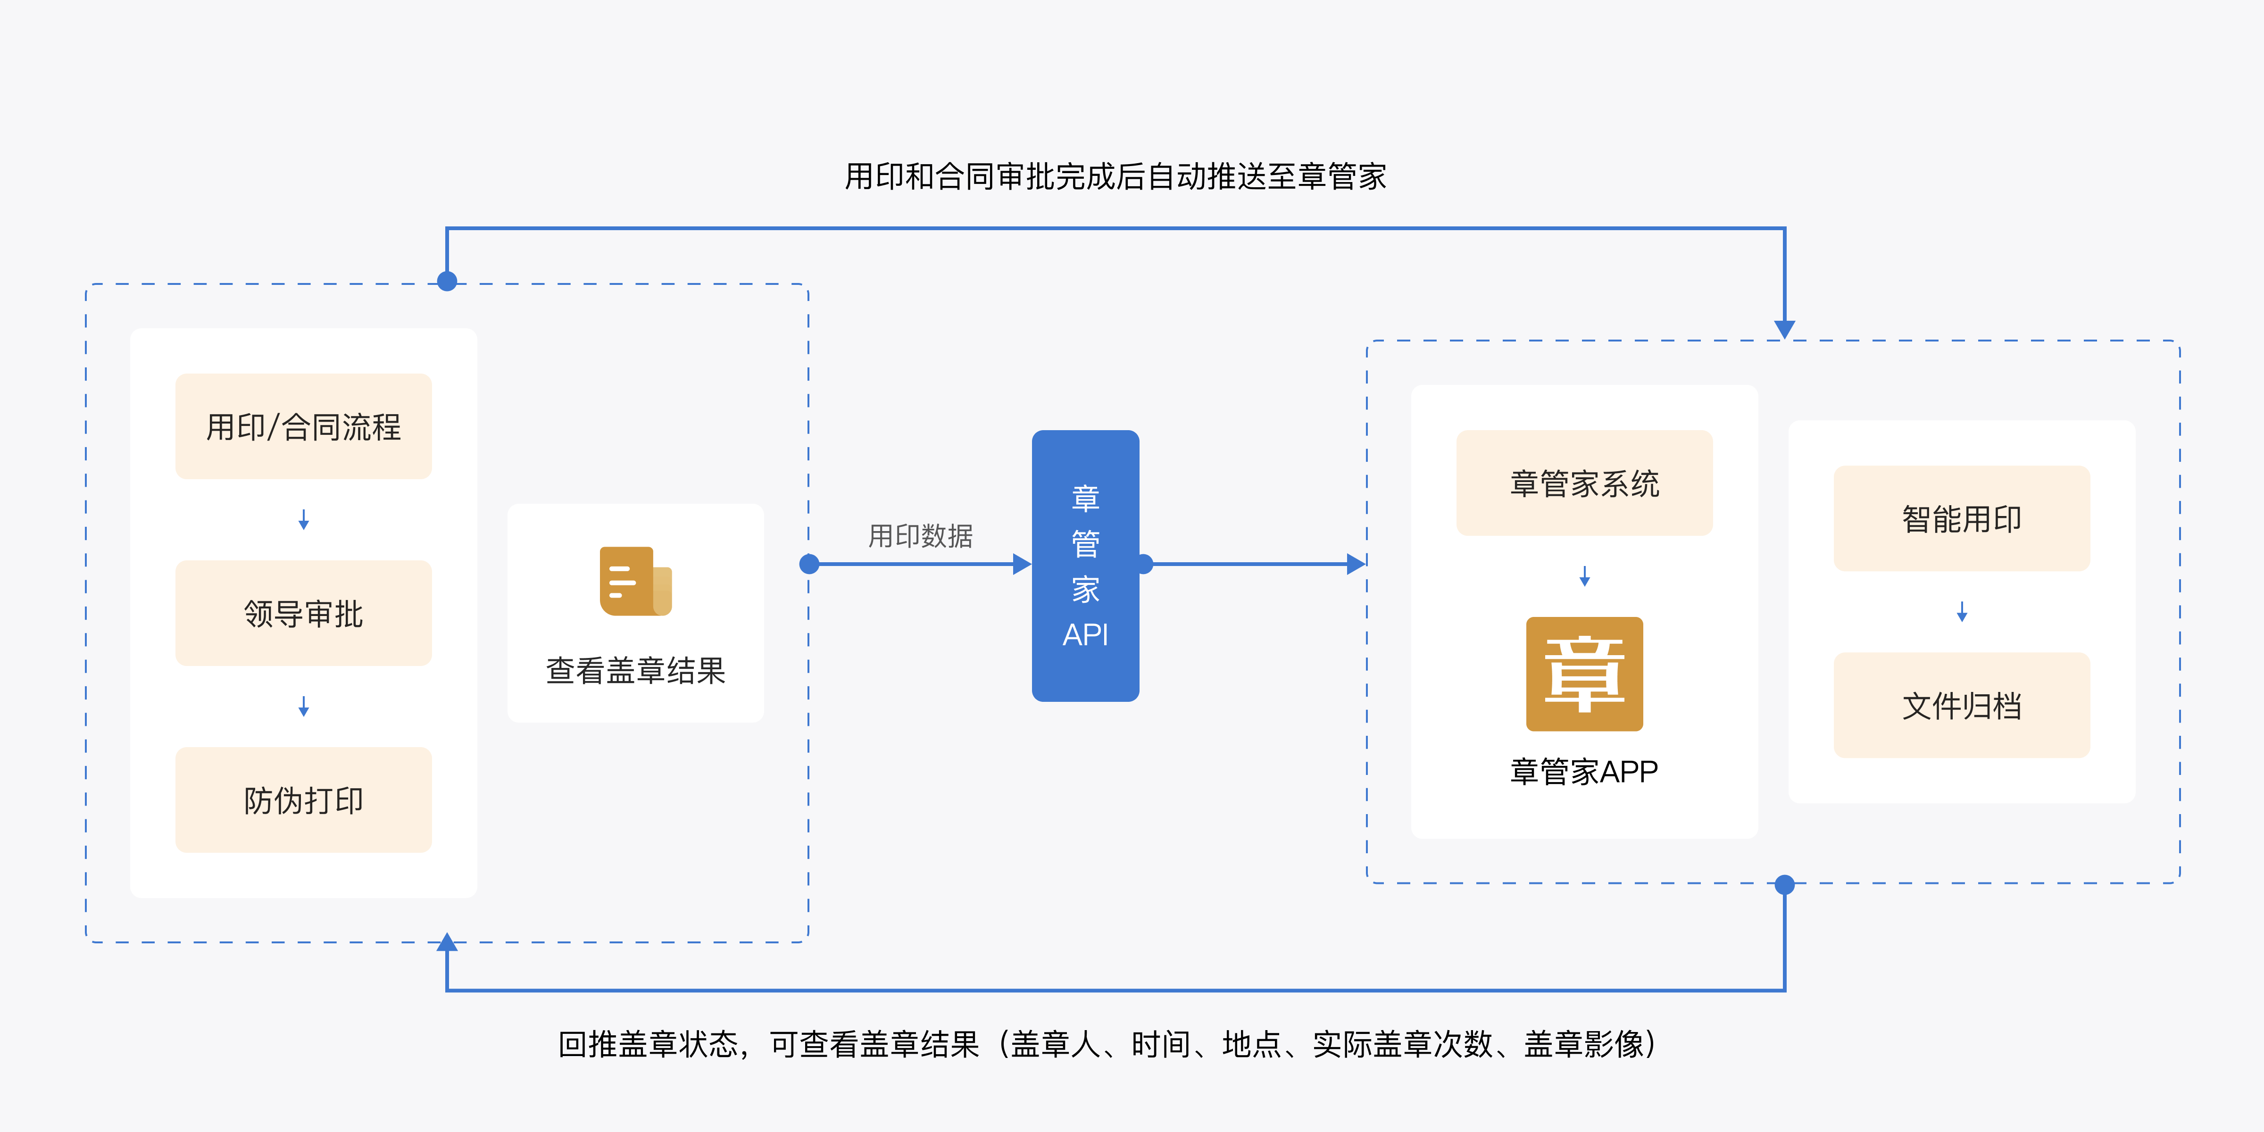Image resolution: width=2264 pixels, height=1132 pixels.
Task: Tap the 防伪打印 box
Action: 303,800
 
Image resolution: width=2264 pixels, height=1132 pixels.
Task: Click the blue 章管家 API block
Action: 1085,565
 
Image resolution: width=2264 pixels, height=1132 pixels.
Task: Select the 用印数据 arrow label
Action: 920,535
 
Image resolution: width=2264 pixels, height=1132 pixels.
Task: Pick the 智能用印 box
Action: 1962,518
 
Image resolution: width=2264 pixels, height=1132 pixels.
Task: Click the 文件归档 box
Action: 1962,705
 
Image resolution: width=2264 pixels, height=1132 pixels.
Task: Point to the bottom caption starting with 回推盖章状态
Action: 1107,1044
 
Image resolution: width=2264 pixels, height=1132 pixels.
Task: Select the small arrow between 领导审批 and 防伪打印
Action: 303,707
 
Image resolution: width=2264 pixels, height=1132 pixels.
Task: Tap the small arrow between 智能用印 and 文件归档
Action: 1962,612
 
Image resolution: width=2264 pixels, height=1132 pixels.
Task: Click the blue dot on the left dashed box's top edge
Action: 447,281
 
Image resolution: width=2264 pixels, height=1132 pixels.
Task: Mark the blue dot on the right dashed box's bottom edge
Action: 1784,884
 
